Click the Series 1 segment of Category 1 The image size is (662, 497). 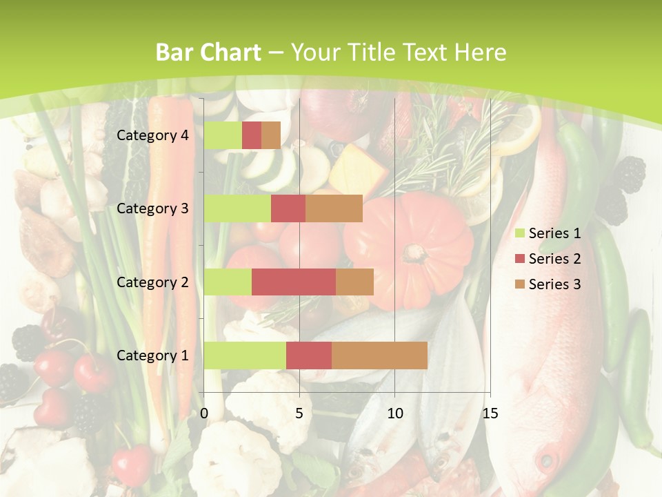coord(245,355)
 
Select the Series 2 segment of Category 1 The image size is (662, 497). coord(309,355)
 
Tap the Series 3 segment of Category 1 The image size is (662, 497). coord(379,355)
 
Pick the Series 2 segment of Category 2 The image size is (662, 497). coord(294,282)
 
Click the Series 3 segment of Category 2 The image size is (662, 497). coord(354,282)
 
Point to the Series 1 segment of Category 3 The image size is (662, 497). coord(237,208)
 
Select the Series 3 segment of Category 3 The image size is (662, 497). coord(334,208)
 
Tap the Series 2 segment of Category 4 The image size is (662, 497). coord(252,135)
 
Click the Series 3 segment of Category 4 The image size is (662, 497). coord(271,135)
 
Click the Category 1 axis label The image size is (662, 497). coord(152,355)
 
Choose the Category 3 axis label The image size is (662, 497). coord(152,208)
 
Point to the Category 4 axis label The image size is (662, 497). coord(152,135)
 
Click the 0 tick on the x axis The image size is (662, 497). coord(204,413)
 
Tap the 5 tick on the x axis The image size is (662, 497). coord(299,413)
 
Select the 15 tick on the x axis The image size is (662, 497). coord(490,413)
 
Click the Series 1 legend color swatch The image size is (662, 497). coord(520,234)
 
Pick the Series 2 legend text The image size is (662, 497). coord(554,259)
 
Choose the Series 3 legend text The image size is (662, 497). coord(554,284)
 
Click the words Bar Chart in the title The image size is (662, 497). coord(208,52)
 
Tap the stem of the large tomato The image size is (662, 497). coord(416,254)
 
